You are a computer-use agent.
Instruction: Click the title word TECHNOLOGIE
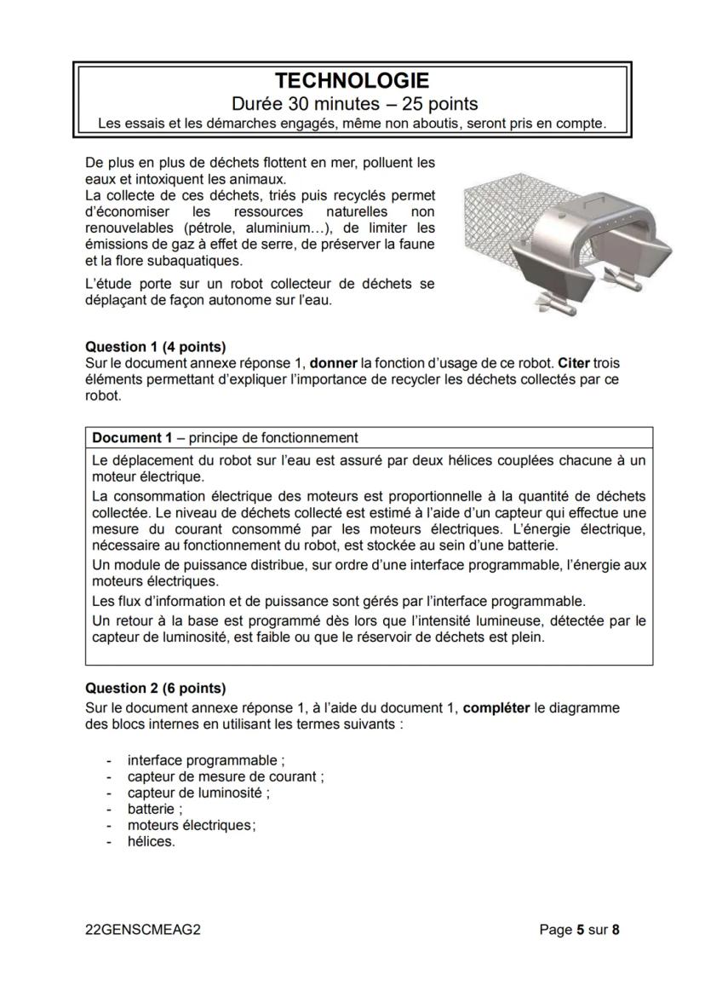(x=352, y=81)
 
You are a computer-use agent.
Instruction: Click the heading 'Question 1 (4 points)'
(x=156, y=347)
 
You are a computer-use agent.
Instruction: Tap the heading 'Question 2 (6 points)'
(x=156, y=688)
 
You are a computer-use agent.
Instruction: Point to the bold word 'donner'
(x=334, y=363)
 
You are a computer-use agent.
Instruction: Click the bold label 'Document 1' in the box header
(x=132, y=438)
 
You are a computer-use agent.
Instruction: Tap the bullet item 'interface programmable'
(x=204, y=760)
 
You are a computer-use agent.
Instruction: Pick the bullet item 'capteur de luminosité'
(x=197, y=793)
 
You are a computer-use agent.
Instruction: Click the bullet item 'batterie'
(x=153, y=809)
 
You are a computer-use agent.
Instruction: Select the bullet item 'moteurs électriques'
(x=191, y=825)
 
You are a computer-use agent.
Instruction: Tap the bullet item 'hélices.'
(x=151, y=841)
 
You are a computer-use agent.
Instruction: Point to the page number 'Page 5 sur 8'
(x=579, y=930)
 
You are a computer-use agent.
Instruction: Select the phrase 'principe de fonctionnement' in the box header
(x=273, y=438)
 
